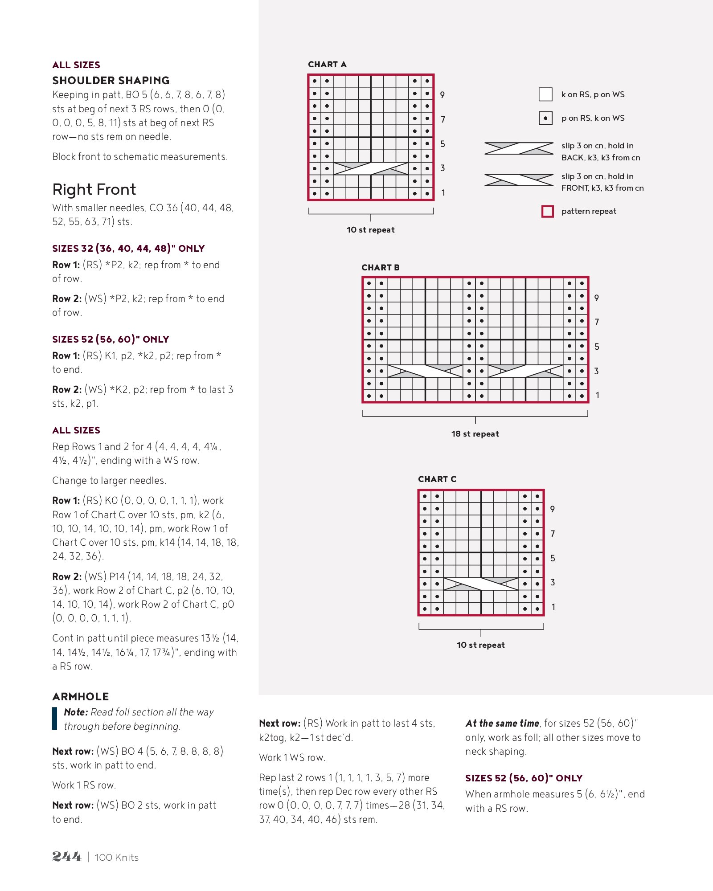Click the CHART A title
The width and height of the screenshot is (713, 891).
[x=327, y=65]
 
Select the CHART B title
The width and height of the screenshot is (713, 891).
[x=380, y=267]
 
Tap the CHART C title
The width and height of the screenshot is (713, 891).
[x=437, y=479]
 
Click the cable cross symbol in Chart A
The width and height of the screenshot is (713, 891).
[x=371, y=168]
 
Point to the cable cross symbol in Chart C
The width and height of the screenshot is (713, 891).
[x=481, y=584]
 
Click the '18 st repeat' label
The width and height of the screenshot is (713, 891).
[x=475, y=433]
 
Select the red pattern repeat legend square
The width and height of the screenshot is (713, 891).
[x=547, y=211]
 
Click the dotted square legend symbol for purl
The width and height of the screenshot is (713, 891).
[x=545, y=118]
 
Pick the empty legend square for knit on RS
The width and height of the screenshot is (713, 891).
[x=545, y=94]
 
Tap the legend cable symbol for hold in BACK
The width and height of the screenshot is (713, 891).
[x=519, y=148]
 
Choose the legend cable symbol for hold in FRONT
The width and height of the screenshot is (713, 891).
[x=519, y=180]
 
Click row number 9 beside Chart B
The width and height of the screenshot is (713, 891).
[x=596, y=298]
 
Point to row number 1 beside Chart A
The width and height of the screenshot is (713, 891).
[x=443, y=192]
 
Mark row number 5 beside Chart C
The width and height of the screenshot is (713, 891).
[x=553, y=558]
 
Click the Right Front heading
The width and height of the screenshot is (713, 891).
[x=94, y=189]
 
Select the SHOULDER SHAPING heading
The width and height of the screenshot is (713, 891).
[x=111, y=81]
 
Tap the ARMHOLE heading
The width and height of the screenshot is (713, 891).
[x=81, y=696]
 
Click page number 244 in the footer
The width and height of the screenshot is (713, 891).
[x=67, y=857]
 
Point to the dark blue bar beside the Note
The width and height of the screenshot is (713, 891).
[x=55, y=719]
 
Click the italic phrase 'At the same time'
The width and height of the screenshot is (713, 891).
[x=502, y=723]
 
